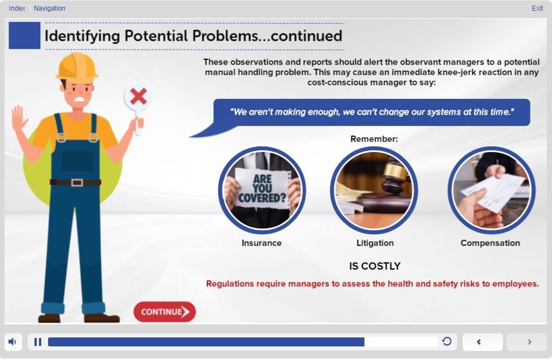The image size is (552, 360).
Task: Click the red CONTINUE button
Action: (164, 312)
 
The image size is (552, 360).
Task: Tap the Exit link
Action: (537, 8)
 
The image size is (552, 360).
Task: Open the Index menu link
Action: (17, 8)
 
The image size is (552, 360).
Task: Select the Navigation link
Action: (49, 8)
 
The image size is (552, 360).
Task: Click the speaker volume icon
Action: (12, 342)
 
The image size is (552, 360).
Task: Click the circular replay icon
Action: (447, 341)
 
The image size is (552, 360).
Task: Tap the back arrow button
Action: (483, 342)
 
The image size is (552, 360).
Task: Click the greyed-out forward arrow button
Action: (527, 342)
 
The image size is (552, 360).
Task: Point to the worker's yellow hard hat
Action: (77, 66)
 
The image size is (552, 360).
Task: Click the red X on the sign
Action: (138, 97)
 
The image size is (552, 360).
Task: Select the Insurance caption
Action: (262, 243)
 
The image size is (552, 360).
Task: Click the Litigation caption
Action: (375, 243)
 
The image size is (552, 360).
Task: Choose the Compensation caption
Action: (490, 243)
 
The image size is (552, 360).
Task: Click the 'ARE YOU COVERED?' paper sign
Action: (262, 188)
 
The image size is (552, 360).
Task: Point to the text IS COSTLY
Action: (375, 266)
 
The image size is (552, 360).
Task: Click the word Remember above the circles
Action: (374, 139)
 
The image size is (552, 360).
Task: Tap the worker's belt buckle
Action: (77, 183)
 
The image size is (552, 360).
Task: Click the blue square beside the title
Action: (24, 35)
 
